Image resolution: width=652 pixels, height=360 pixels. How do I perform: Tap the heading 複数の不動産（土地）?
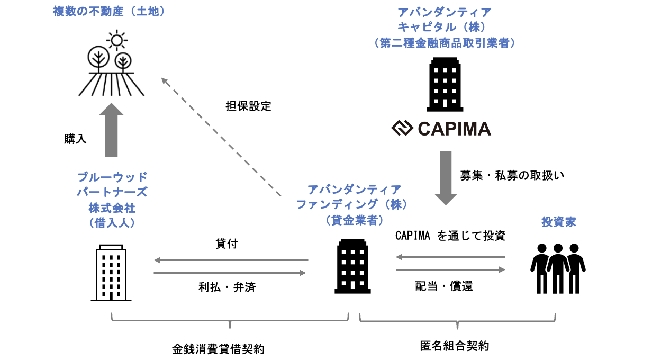tap(109, 11)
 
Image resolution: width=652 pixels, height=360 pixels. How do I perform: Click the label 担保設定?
tap(248, 106)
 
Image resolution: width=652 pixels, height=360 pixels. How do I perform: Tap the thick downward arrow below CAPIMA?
tap(446, 178)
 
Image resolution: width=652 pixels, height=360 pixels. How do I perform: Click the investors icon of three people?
tap(557, 268)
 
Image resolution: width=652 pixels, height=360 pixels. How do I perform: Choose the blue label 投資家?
tap(558, 222)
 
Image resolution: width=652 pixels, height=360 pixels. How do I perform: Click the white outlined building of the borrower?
tap(111, 273)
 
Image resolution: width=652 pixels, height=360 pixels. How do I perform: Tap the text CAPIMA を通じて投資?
tap(450, 236)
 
